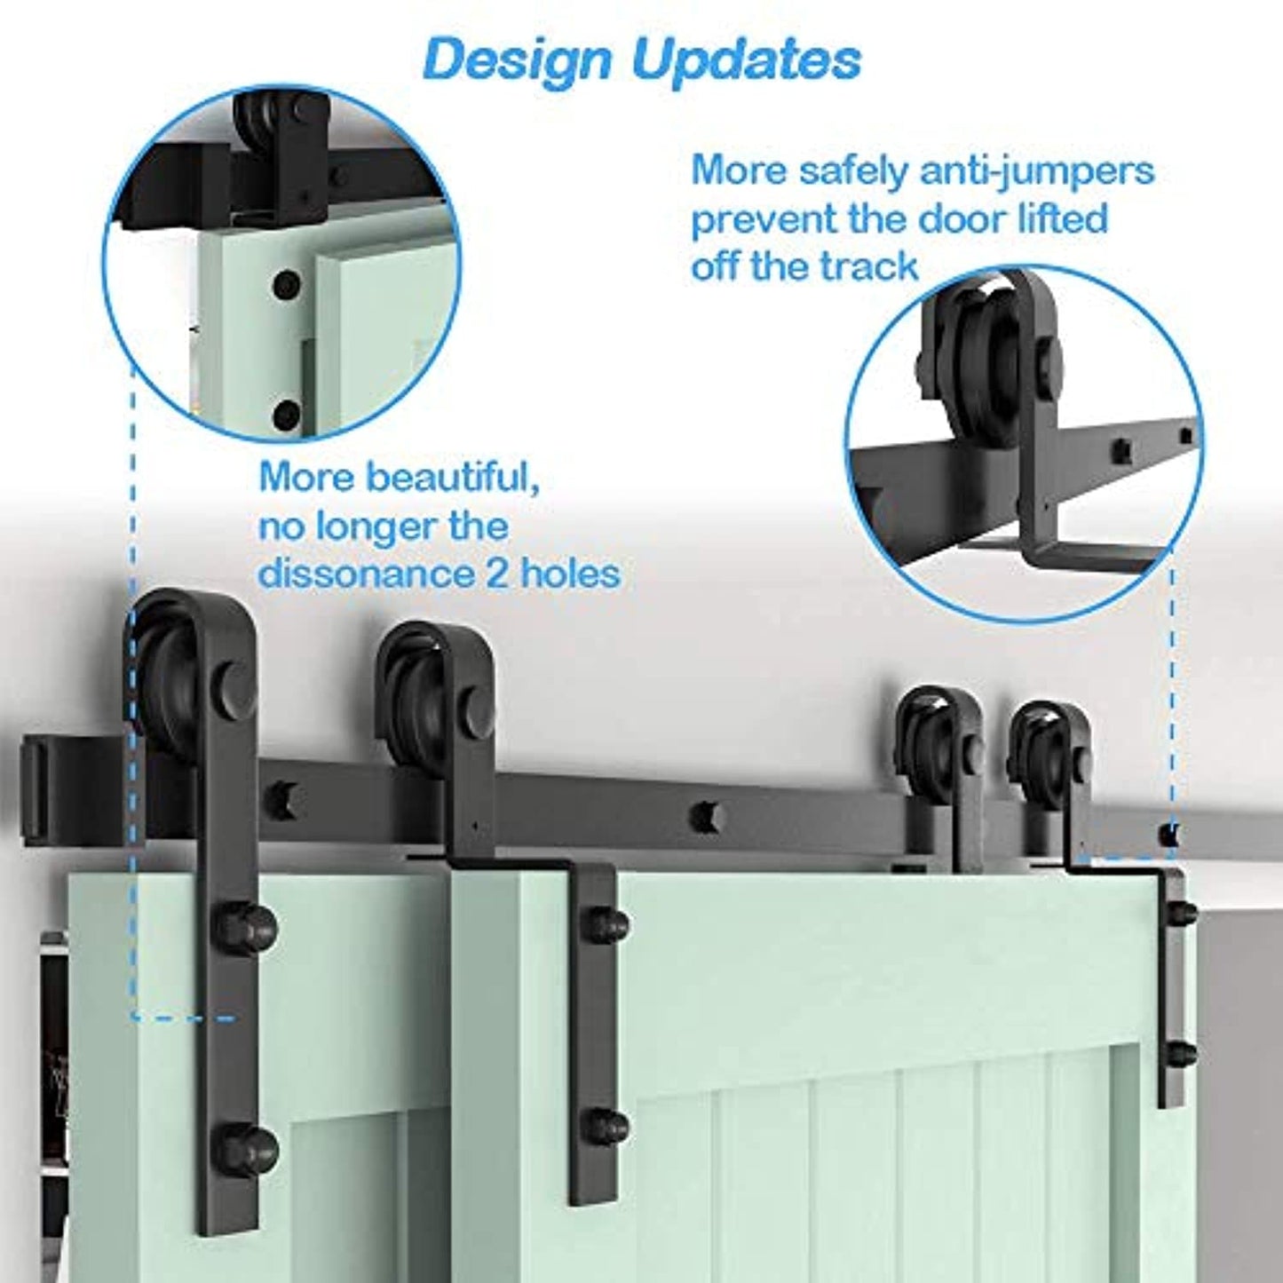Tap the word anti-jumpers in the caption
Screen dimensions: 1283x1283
tap(1036, 170)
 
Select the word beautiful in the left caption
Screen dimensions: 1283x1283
tap(452, 478)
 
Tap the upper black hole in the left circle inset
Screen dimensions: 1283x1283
tap(286, 286)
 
